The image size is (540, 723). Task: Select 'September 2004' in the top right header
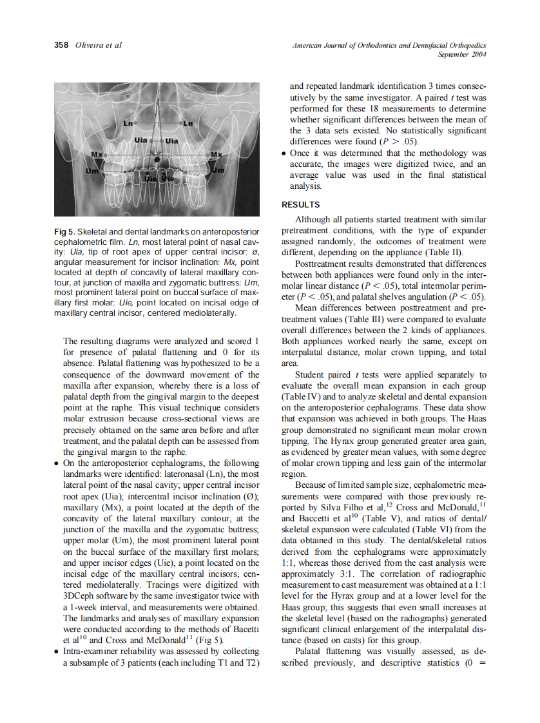click(461, 54)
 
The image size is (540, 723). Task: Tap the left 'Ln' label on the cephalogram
click(129, 122)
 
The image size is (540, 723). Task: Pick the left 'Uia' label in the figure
click(140, 140)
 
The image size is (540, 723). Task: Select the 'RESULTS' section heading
click(301, 205)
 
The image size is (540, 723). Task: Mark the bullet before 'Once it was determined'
click(284, 153)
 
